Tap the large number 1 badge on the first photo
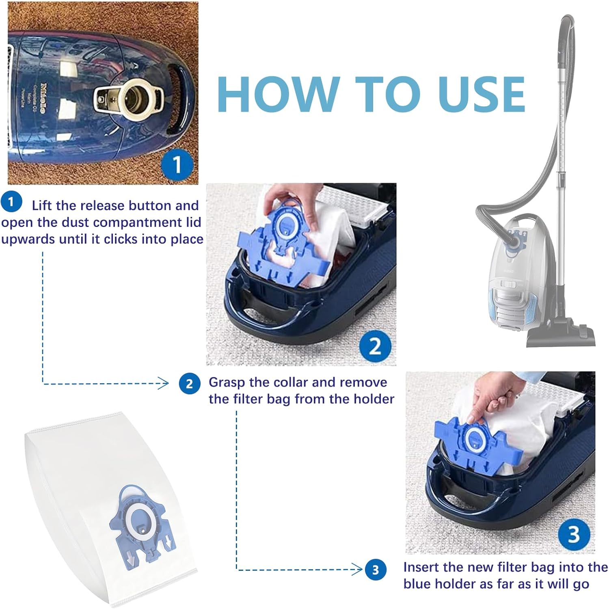point(177,165)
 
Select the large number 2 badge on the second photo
point(375,346)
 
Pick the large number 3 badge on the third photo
point(574,535)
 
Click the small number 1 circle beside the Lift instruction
point(11,202)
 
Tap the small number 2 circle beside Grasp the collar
point(190,384)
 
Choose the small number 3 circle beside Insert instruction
point(376,570)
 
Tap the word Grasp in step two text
point(227,383)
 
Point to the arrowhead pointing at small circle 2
point(163,383)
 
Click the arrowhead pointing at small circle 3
point(357,569)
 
